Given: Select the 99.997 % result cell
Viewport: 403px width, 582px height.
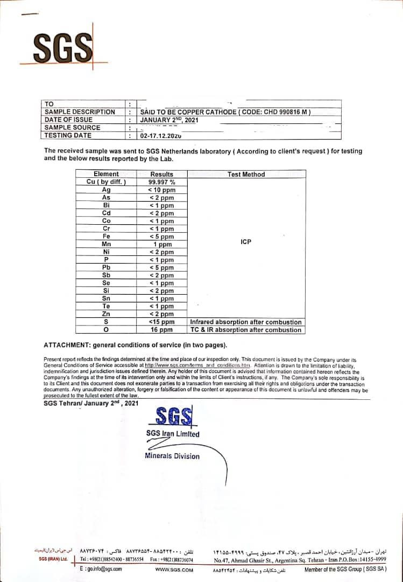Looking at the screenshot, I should [x=161, y=182].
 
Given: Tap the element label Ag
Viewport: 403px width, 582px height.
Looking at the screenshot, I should [x=106, y=190].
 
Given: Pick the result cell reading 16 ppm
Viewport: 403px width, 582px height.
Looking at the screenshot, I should [x=161, y=330].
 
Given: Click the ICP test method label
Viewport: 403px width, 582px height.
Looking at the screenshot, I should [x=246, y=242].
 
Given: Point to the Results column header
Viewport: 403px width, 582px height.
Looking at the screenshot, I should [x=161, y=174].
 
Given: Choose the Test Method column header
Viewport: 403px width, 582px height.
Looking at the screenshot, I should [x=246, y=174].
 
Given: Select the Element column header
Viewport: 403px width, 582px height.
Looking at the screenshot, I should [x=106, y=174].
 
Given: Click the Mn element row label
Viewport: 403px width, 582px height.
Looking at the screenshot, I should [x=106, y=244].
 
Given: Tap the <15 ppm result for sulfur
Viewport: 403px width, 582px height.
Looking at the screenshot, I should [x=161, y=322].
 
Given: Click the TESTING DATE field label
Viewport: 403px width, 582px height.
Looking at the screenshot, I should [x=68, y=136].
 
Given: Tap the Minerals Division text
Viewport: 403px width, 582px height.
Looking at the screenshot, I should [x=172, y=456].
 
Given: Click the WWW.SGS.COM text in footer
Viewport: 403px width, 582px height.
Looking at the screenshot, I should [x=174, y=570].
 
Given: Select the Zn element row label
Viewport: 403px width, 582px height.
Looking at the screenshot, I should [x=106, y=314].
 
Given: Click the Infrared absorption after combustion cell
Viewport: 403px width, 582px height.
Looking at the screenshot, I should [x=246, y=322].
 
